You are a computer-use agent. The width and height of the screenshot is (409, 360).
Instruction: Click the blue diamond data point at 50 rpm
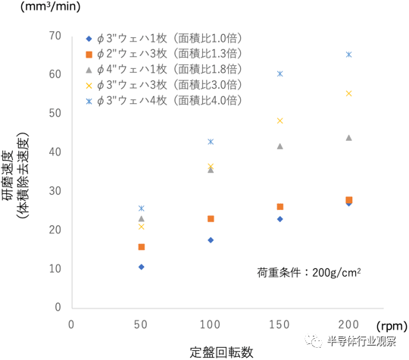(x=141, y=267)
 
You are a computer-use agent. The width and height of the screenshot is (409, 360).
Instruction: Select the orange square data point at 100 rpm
(x=211, y=219)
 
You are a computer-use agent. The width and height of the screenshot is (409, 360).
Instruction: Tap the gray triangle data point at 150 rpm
(x=280, y=146)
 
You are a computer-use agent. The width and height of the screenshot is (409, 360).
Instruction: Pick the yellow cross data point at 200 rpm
(x=349, y=93)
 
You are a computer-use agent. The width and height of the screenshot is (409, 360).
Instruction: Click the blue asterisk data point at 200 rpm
(x=349, y=55)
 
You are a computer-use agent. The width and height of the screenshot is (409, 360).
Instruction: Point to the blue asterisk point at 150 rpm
(x=280, y=74)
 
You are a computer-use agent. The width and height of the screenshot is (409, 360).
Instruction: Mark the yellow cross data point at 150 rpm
(x=280, y=121)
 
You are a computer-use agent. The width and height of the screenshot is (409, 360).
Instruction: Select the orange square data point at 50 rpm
(x=141, y=247)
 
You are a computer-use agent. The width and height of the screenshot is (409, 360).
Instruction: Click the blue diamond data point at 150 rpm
(x=280, y=219)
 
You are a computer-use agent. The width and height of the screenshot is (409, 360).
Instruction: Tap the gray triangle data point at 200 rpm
(x=349, y=137)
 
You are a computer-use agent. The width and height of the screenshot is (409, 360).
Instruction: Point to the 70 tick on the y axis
(x=55, y=36)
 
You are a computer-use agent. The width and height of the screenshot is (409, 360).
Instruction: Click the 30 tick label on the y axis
(x=55, y=191)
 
